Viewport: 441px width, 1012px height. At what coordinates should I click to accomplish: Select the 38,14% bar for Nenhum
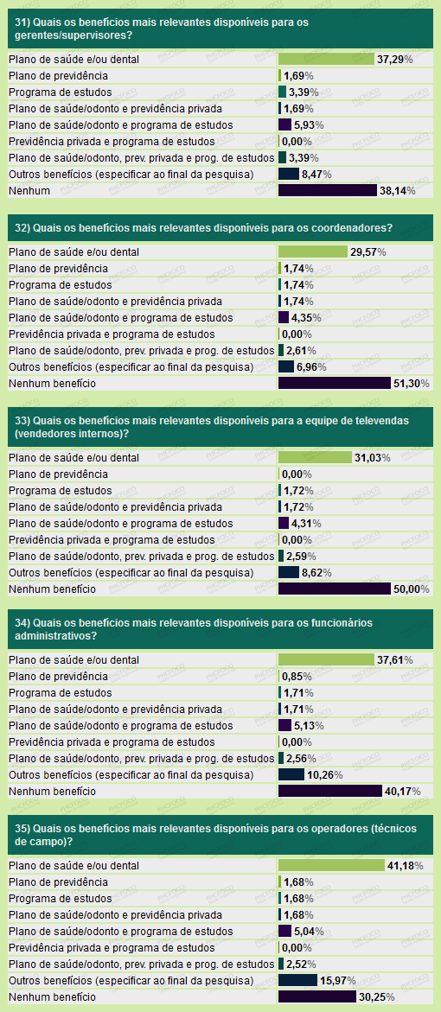click(x=328, y=190)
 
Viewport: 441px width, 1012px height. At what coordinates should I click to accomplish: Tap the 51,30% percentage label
click(x=412, y=384)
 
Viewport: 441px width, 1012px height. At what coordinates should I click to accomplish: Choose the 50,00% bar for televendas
click(x=335, y=589)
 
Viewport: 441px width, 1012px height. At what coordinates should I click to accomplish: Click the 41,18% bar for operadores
click(x=331, y=865)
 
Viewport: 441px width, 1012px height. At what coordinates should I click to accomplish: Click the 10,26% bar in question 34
click(x=291, y=774)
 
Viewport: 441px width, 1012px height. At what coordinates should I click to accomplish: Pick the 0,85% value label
click(x=297, y=677)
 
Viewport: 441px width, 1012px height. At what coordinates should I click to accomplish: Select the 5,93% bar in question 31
click(x=285, y=124)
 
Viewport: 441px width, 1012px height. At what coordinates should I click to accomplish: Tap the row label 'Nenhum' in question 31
click(x=29, y=190)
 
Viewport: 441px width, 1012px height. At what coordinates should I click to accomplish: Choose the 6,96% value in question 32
click(x=310, y=367)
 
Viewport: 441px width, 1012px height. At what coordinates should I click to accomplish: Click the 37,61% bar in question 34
click(x=327, y=659)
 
